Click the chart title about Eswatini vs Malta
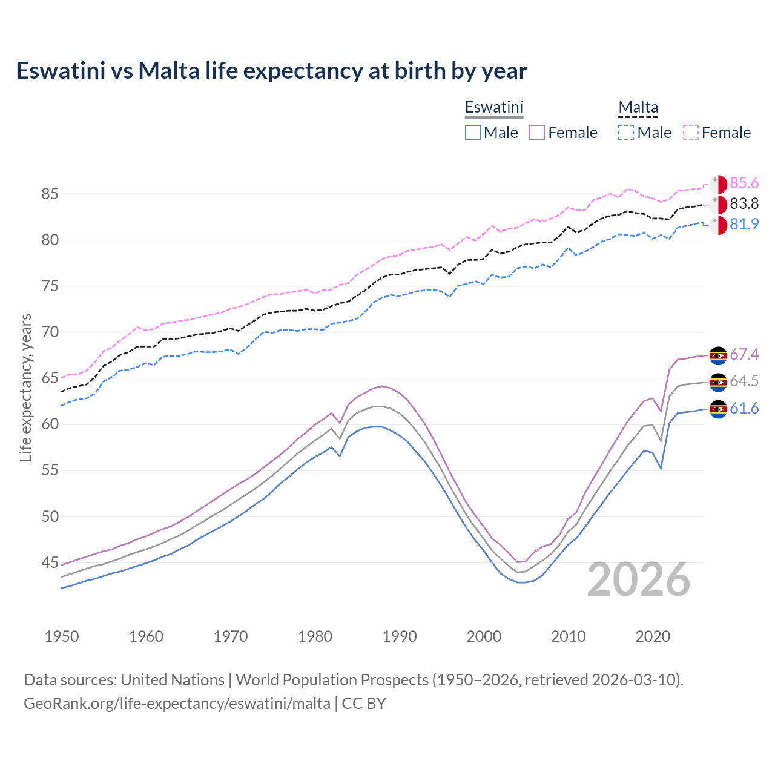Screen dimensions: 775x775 pos(271,71)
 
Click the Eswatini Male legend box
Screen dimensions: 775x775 pos(473,133)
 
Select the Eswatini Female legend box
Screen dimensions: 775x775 pos(537,133)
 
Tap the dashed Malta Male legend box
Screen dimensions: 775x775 pos(626,133)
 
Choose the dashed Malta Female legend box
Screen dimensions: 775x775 pos(691,133)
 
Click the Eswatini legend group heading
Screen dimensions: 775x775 pos(493,107)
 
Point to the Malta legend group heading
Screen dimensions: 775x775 pos(638,107)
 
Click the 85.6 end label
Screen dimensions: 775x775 pos(744,183)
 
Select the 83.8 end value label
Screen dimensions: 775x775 pos(744,204)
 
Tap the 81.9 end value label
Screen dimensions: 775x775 pos(744,225)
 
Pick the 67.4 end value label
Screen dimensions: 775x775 pos(744,354)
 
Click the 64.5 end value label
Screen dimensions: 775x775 pos(744,381)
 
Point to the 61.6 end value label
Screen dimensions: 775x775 pos(744,409)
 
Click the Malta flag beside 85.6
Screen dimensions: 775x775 pos(718,184)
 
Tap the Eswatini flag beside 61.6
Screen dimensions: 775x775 pos(718,409)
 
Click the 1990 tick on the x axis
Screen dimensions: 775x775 pos(400,636)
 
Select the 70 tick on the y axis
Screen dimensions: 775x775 pos(50,332)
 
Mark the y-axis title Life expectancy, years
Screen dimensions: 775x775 pos(25,387)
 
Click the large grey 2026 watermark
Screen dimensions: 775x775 pos(638,579)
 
